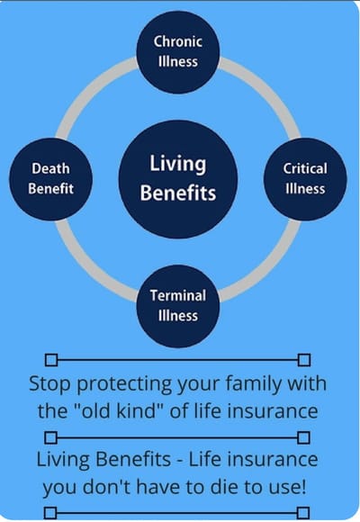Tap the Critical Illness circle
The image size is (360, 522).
tap(304, 177)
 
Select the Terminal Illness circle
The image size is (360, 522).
tap(177, 305)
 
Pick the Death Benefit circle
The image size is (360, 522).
tap(50, 177)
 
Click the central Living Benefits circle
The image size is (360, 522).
tap(177, 177)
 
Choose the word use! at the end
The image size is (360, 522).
tap(288, 487)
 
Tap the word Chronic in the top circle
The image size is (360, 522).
tap(177, 41)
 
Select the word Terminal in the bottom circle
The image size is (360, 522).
tap(177, 295)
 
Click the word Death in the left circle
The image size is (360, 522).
tap(50, 168)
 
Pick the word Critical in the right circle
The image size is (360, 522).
tap(304, 168)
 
